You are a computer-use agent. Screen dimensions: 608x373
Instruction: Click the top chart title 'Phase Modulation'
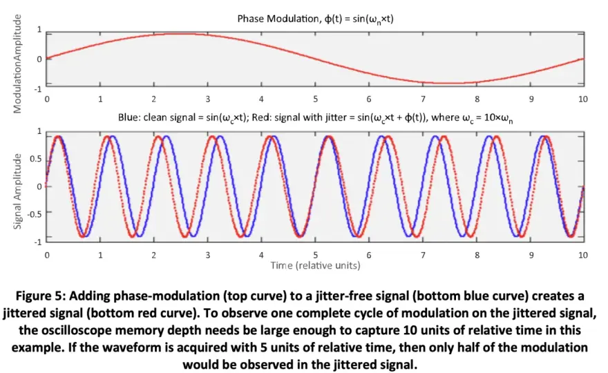[278, 19]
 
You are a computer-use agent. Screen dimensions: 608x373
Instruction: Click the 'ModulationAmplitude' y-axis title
[17, 64]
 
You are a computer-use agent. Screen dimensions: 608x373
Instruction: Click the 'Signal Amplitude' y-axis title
[17, 191]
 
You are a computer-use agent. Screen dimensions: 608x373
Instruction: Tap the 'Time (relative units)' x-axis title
[315, 266]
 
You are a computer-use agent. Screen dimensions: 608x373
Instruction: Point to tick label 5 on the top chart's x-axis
[315, 99]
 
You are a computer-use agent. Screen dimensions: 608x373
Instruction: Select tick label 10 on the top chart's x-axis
[583, 99]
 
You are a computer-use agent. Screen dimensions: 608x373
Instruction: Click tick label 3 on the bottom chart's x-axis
[208, 255]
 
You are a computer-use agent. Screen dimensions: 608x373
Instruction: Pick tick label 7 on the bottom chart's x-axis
[423, 255]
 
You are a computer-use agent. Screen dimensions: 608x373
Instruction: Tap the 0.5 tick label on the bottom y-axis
[36, 160]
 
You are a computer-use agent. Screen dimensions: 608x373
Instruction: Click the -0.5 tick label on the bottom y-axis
[34, 213]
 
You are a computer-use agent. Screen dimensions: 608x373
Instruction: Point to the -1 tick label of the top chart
[37, 89]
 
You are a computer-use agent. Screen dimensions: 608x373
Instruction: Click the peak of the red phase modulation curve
[180, 34]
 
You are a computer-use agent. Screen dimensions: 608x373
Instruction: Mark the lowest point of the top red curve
[449, 83]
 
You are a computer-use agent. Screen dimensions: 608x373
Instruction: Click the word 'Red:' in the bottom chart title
[262, 117]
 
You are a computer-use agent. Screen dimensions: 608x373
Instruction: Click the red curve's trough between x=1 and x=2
[132, 236]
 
